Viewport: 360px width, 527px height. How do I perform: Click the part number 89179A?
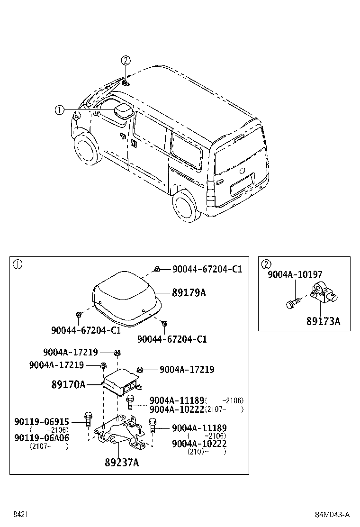(189, 293)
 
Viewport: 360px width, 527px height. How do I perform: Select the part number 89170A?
(68, 384)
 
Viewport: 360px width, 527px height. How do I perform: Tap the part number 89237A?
(122, 463)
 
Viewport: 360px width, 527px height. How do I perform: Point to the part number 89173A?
(323, 321)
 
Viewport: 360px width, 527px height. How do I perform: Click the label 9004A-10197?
(295, 274)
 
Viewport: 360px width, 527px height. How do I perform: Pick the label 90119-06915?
(48, 422)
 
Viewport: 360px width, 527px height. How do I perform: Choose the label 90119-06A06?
(48, 438)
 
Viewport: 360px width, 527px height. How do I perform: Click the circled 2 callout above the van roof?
(125, 60)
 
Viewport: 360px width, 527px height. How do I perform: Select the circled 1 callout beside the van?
(59, 110)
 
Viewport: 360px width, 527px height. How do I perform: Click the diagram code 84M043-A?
(333, 515)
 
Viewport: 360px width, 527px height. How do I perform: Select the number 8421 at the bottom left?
(20, 515)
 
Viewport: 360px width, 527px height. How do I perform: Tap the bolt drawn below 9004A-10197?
(293, 302)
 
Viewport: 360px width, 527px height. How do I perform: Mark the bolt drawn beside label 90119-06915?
(88, 418)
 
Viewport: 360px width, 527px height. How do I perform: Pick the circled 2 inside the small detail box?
(266, 264)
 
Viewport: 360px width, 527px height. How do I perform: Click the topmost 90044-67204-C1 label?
(207, 269)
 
